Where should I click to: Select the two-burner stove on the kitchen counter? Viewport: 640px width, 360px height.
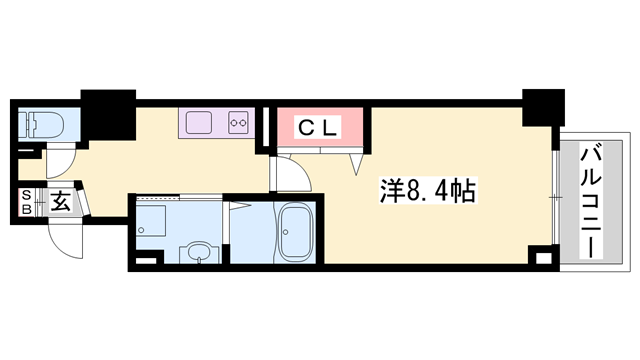coord(240,123)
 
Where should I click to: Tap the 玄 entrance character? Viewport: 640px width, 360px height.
coord(59,202)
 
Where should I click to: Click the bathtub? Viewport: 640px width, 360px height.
coord(295,233)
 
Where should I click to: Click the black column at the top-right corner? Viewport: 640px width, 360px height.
coord(541,104)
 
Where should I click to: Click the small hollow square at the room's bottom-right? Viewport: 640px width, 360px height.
coord(542,259)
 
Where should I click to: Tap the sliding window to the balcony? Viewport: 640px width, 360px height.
coord(553,195)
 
